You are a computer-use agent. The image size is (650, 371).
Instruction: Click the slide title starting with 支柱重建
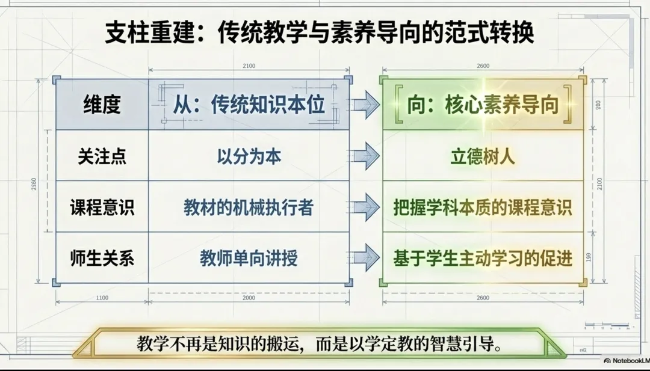tap(320, 33)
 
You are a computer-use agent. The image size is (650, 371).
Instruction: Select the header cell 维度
tap(102, 105)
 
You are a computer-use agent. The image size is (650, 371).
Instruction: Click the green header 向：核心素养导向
tap(483, 105)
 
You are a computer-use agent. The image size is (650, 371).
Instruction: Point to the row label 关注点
tap(102, 156)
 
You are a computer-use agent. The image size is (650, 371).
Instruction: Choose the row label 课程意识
tap(102, 207)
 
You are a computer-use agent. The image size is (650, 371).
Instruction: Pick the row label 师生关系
tap(102, 259)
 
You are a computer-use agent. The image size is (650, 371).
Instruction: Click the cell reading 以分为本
tap(249, 156)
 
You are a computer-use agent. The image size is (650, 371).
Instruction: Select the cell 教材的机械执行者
tap(249, 207)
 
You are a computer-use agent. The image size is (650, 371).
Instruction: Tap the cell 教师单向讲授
tap(249, 259)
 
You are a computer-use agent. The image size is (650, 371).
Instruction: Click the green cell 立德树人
tap(483, 156)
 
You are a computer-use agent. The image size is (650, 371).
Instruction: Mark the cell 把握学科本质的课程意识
tap(483, 207)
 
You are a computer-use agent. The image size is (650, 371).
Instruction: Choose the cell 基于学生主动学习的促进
tap(483, 259)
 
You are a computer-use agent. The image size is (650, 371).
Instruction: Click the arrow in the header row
tap(365, 105)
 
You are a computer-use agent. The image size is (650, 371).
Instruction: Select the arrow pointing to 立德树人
tap(365, 157)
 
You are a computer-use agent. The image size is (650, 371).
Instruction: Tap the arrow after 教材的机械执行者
tap(365, 208)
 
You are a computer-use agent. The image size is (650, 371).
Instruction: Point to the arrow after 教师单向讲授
tap(365, 259)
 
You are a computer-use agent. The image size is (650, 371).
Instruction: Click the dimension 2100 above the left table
tap(249, 66)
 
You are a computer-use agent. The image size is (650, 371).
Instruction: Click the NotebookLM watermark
tap(626, 361)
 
